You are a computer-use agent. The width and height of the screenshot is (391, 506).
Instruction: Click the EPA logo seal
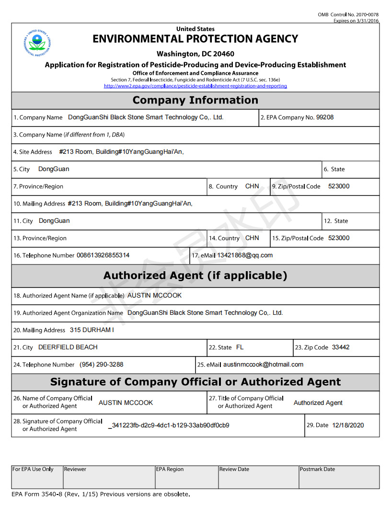tap(37, 42)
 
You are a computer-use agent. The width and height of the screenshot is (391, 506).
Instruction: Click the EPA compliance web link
tap(195, 86)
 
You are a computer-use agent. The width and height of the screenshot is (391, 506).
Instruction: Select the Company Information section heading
tap(195, 100)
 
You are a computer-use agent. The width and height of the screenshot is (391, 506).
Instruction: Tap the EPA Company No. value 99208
tap(325, 117)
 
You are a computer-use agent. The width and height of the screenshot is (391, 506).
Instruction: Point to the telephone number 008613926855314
tap(103, 255)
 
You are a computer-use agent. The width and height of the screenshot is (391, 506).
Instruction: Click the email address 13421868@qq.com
tap(245, 255)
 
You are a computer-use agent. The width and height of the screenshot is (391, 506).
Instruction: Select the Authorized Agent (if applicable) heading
tap(195, 276)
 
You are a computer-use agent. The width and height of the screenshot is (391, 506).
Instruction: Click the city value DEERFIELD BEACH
tap(68, 347)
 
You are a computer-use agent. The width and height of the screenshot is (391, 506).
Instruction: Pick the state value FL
tap(240, 347)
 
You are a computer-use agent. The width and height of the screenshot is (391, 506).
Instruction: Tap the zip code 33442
tap(341, 347)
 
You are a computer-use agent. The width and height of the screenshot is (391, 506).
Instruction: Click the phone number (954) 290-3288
tap(102, 365)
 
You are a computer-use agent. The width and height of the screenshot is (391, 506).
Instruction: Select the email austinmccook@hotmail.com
tap(263, 365)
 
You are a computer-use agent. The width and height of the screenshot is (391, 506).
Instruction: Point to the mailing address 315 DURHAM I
tap(92, 330)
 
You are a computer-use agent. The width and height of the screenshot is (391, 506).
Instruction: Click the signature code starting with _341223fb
tap(169, 425)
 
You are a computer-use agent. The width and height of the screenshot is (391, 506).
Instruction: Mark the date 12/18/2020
tap(348, 425)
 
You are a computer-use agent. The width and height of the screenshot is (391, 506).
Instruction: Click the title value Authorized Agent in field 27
tap(318, 403)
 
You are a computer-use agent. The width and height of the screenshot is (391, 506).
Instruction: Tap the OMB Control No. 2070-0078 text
tap(348, 15)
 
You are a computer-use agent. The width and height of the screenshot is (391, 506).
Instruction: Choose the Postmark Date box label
tap(317, 470)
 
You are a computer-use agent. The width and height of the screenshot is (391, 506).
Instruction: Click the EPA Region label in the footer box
tap(170, 470)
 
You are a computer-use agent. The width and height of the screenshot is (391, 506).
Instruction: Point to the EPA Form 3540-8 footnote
tap(101, 494)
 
